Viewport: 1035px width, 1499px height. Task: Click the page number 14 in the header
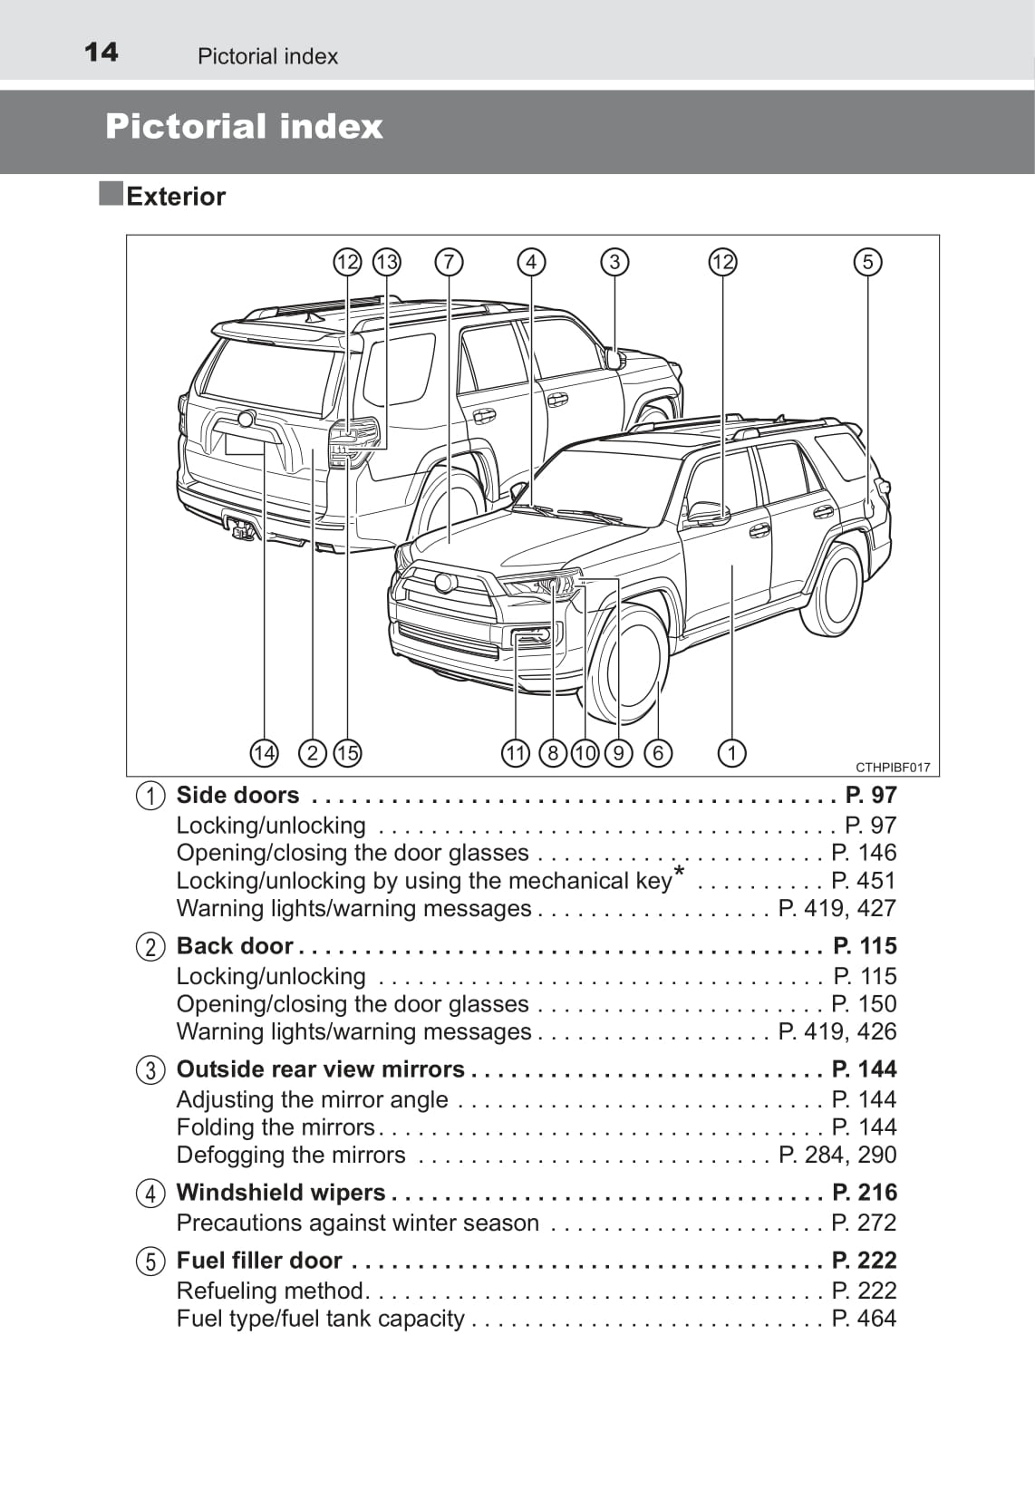pyautogui.click(x=101, y=53)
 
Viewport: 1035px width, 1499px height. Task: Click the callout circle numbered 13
pyautogui.click(x=387, y=262)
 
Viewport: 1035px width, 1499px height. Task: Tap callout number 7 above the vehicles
pyautogui.click(x=449, y=262)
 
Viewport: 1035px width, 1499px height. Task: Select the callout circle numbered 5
pyautogui.click(x=867, y=262)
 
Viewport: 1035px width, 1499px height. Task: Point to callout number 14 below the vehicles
pyautogui.click(x=264, y=753)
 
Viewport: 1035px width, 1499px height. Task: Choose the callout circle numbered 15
pyautogui.click(x=347, y=753)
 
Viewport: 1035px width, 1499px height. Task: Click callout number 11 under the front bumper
pyautogui.click(x=515, y=753)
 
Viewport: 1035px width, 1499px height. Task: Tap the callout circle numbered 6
pyautogui.click(x=658, y=753)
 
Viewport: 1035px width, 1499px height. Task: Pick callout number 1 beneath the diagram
pyautogui.click(x=732, y=753)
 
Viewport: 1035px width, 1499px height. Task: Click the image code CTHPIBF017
pyautogui.click(x=893, y=768)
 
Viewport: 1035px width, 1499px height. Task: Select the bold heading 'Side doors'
pyautogui.click(x=237, y=795)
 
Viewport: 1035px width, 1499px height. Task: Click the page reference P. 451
pyautogui.click(x=863, y=881)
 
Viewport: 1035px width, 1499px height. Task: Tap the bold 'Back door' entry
pyautogui.click(x=235, y=945)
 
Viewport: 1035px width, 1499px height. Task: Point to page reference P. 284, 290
pyautogui.click(x=837, y=1155)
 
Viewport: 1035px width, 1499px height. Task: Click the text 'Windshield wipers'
pyautogui.click(x=281, y=1193)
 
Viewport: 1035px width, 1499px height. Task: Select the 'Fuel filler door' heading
pyautogui.click(x=259, y=1260)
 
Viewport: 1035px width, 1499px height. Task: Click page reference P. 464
pyautogui.click(x=864, y=1319)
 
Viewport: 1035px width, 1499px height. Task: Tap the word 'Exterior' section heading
pyautogui.click(x=176, y=197)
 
